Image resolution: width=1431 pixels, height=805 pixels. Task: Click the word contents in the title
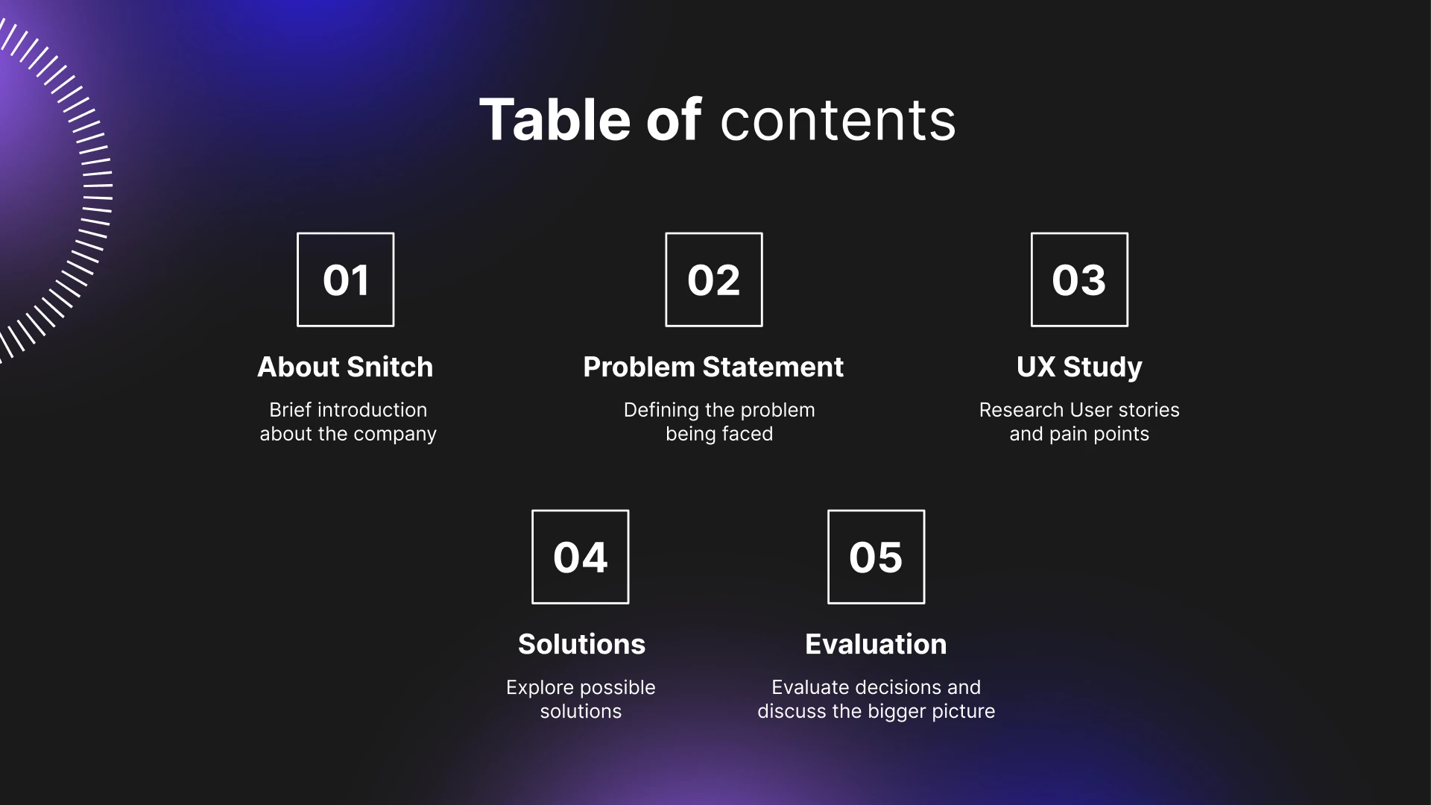click(x=838, y=121)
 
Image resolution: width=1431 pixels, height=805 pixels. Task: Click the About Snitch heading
click(x=345, y=367)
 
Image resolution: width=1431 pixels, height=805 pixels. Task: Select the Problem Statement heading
click(x=713, y=367)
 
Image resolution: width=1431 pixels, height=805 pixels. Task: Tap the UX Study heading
click(x=1079, y=367)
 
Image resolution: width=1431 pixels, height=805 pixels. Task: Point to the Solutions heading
click(x=581, y=644)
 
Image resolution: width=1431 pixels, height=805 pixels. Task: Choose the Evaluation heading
click(x=876, y=644)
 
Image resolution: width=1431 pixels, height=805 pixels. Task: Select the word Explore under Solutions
click(x=534, y=688)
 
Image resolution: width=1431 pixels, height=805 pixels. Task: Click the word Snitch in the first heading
click(x=390, y=367)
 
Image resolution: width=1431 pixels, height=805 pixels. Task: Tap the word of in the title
click(x=674, y=119)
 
